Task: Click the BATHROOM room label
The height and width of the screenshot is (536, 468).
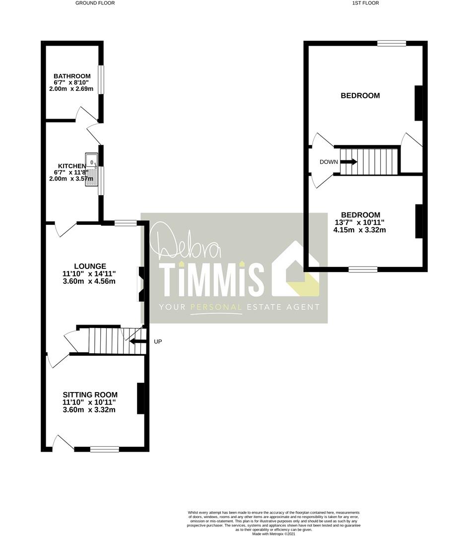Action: [72, 76]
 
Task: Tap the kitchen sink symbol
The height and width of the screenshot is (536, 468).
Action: [92, 170]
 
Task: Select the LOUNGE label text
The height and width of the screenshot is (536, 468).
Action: [90, 267]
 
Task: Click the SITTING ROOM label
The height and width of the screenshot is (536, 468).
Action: [90, 395]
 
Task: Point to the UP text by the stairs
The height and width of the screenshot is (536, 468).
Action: [158, 341]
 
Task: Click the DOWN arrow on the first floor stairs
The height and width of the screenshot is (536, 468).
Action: [349, 162]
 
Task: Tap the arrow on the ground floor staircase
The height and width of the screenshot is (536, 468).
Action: [137, 340]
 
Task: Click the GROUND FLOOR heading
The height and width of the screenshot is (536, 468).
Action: [95, 3]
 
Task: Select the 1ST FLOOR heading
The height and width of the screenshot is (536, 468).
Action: [365, 3]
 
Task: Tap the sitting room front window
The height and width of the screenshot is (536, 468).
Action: [105, 449]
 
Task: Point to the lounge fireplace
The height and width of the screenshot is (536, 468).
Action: [141, 284]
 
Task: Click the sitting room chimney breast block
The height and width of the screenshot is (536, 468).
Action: [140, 399]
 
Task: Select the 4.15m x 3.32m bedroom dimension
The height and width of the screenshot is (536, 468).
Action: [360, 230]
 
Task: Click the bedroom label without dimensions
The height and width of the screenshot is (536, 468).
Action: [360, 96]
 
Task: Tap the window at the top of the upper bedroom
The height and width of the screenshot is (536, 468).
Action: [392, 43]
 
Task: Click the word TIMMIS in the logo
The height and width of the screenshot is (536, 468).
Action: [212, 279]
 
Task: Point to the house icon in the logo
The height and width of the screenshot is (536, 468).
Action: [295, 268]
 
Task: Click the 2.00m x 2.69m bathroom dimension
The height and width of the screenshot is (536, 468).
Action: [71, 89]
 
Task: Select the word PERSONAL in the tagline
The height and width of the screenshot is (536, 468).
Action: [216, 307]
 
